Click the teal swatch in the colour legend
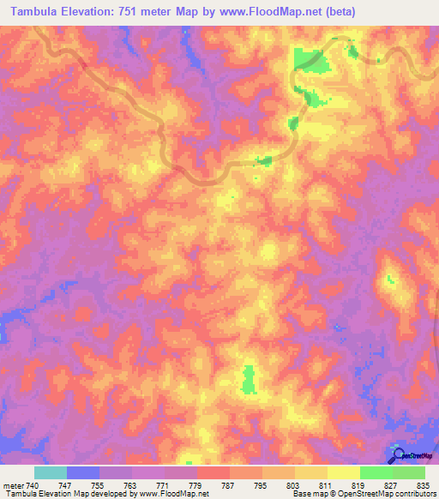(x=51, y=472)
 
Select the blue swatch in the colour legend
(x=83, y=472)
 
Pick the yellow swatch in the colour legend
(x=344, y=472)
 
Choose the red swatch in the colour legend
(x=213, y=472)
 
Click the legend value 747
(x=66, y=484)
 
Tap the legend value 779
(x=196, y=484)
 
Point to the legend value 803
(x=294, y=484)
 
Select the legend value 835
(x=424, y=484)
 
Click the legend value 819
(x=359, y=484)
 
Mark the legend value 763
(x=131, y=484)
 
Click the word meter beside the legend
(x=13, y=484)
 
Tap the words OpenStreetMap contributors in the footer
(x=391, y=495)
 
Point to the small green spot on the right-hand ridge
(x=388, y=279)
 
